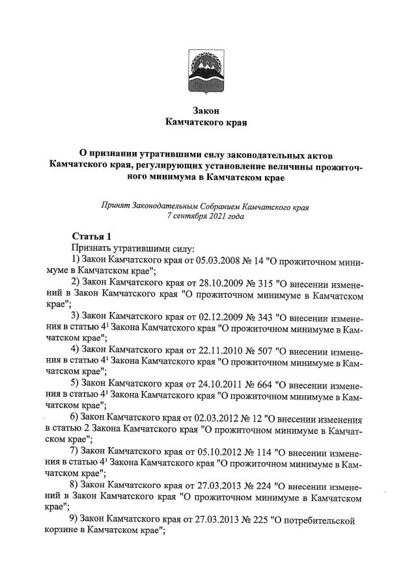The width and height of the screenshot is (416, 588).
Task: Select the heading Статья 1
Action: click(92, 236)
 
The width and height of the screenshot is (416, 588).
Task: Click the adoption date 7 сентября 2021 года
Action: click(206, 218)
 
